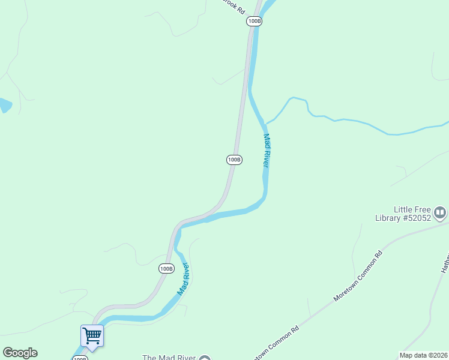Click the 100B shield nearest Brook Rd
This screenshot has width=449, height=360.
click(x=254, y=21)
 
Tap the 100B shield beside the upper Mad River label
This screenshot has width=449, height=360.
click(x=234, y=160)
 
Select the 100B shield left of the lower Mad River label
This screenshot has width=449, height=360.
click(x=166, y=268)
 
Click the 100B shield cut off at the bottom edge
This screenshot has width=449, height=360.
click(x=80, y=358)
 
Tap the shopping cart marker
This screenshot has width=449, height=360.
click(x=92, y=335)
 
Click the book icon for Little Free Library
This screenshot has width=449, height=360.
click(x=441, y=212)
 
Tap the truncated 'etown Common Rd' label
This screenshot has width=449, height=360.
click(x=276, y=343)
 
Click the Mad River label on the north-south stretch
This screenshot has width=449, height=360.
click(x=268, y=150)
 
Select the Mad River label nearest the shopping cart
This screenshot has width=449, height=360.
click(x=183, y=278)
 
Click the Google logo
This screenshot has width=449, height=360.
click(x=20, y=353)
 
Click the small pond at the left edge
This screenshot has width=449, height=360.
click(x=4, y=106)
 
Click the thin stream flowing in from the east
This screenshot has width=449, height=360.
click(x=360, y=123)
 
